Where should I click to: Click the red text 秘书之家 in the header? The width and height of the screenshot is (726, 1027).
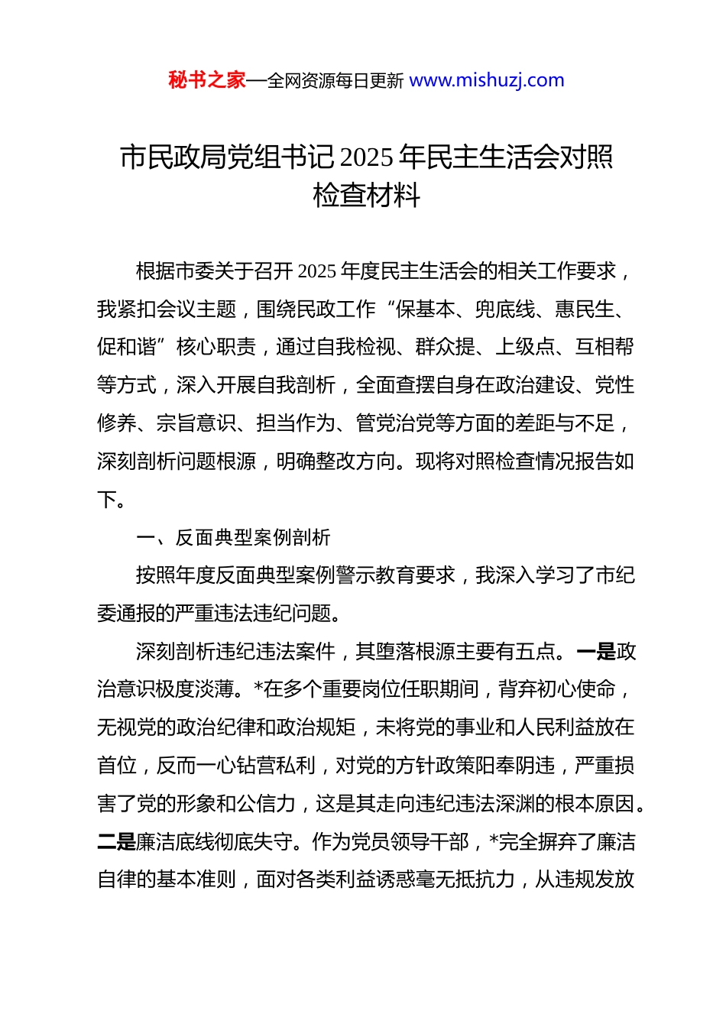coord(206,80)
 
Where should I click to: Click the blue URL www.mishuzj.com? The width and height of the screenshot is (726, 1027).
coord(487,80)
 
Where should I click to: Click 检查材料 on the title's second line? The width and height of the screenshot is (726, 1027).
coord(367,196)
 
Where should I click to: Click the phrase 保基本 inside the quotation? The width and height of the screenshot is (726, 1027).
coord(426,309)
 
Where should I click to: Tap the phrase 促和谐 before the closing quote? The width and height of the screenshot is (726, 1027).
coord(127,348)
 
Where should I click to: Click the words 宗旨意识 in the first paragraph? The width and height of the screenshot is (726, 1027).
coord(196,423)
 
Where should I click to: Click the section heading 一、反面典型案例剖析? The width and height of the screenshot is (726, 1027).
coord(233,537)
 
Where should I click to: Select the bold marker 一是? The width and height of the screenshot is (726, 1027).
coord(596,652)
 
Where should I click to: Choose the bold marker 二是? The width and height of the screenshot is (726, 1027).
coord(116,842)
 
